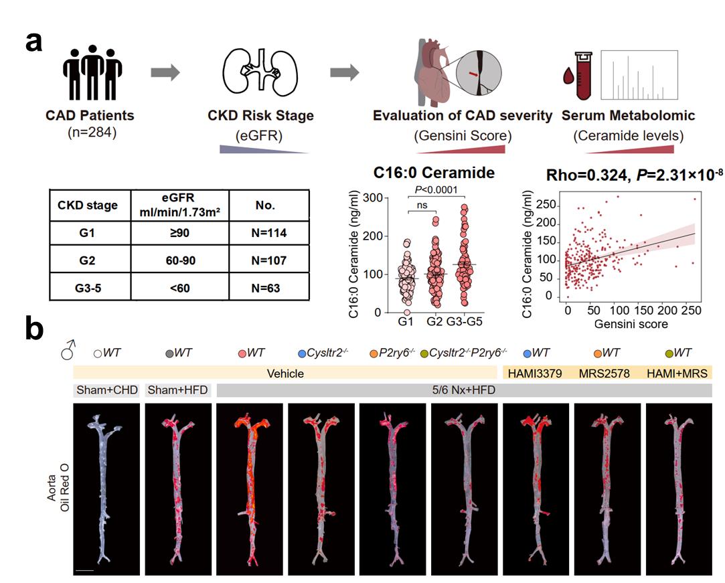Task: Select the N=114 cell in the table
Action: (x=269, y=232)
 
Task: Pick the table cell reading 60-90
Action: (x=180, y=260)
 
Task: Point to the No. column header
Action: (x=269, y=205)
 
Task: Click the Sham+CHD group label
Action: (x=105, y=390)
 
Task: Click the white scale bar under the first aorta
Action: (x=84, y=570)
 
